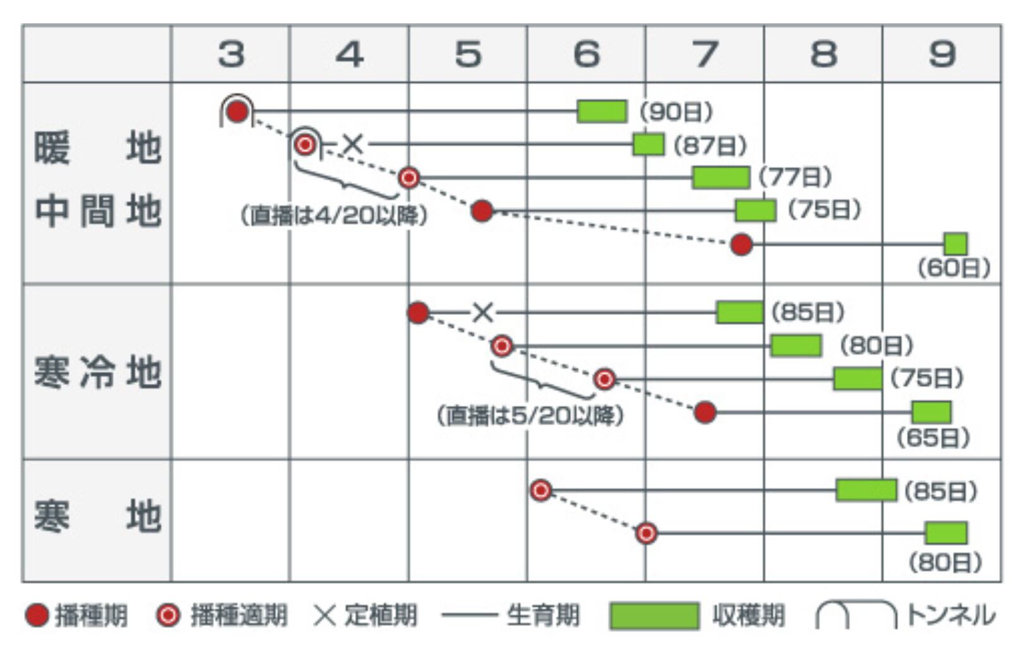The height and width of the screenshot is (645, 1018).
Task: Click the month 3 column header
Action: point(231,54)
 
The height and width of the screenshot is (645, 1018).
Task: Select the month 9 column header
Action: point(942,54)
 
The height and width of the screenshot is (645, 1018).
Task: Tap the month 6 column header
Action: point(586,54)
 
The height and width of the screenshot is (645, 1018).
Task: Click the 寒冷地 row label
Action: point(97,372)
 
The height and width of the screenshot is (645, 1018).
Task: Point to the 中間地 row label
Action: point(97,211)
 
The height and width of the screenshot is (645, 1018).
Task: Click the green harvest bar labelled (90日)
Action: point(602,112)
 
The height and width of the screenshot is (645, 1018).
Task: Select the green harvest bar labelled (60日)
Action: point(955,244)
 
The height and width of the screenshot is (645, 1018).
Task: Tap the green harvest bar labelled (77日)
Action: point(721,177)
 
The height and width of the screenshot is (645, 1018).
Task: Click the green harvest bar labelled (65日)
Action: point(931,412)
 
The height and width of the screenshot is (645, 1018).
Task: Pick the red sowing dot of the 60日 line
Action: point(741,244)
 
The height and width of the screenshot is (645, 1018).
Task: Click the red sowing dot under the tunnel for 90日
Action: point(237,112)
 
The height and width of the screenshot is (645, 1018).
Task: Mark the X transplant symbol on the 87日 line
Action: point(352,145)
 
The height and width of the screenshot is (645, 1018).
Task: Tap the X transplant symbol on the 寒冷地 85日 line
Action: point(483,312)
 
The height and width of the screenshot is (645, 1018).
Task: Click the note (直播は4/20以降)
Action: point(334,216)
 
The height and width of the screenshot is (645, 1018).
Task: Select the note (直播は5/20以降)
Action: point(530,415)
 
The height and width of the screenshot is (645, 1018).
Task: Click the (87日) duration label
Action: point(710,146)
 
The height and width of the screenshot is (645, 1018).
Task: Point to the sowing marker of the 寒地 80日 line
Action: point(646,533)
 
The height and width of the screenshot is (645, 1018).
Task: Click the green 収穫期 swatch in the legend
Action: point(654,616)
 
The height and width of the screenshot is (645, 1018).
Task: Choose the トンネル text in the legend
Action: point(950,615)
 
